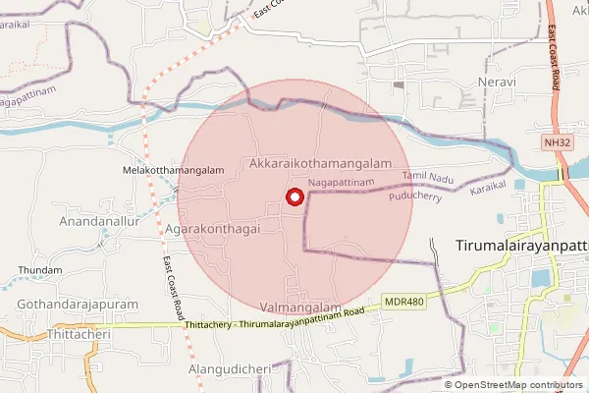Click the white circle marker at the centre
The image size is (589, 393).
click(x=294, y=197)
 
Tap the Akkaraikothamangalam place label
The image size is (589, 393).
click(x=321, y=163)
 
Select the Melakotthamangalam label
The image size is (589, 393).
click(x=173, y=170)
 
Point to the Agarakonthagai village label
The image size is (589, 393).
click(x=212, y=227)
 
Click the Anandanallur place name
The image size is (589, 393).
click(x=102, y=222)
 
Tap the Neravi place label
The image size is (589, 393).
click(x=496, y=81)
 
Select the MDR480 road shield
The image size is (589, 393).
click(x=405, y=302)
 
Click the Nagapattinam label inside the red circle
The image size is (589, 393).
click(x=341, y=183)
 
